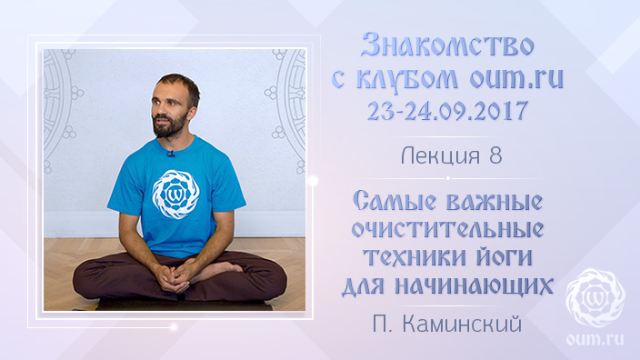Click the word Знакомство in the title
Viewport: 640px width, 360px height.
click(448, 45)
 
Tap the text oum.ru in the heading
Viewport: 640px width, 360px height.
click(516, 78)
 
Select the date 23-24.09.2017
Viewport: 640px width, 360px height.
click(448, 110)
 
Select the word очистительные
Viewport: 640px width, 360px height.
click(448, 229)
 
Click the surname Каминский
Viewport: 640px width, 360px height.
click(462, 325)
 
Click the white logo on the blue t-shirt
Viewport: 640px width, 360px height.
click(175, 195)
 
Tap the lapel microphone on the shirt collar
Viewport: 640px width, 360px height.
click(171, 154)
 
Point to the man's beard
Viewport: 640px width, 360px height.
click(169, 125)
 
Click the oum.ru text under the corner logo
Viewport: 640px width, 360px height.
click(595, 339)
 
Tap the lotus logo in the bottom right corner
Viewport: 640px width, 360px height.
click(595, 298)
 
